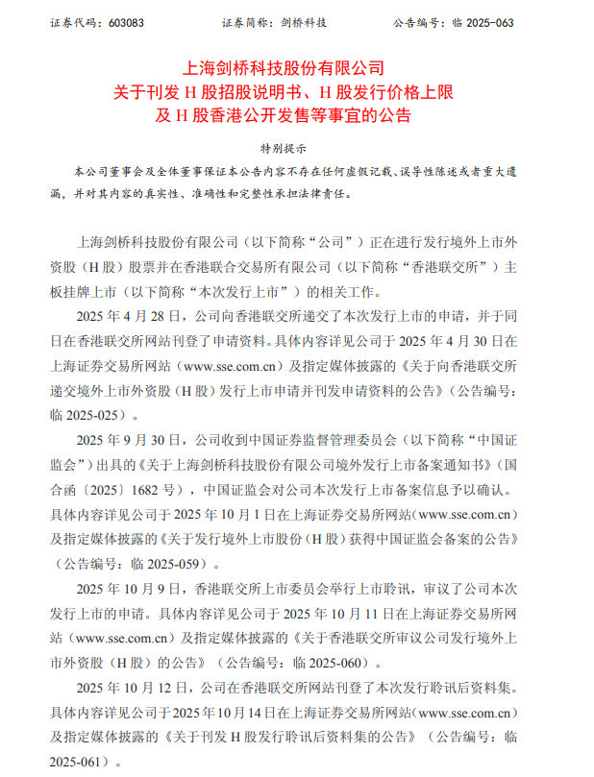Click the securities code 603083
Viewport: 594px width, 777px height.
tap(104, 21)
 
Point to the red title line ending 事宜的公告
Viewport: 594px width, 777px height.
tap(297, 116)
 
